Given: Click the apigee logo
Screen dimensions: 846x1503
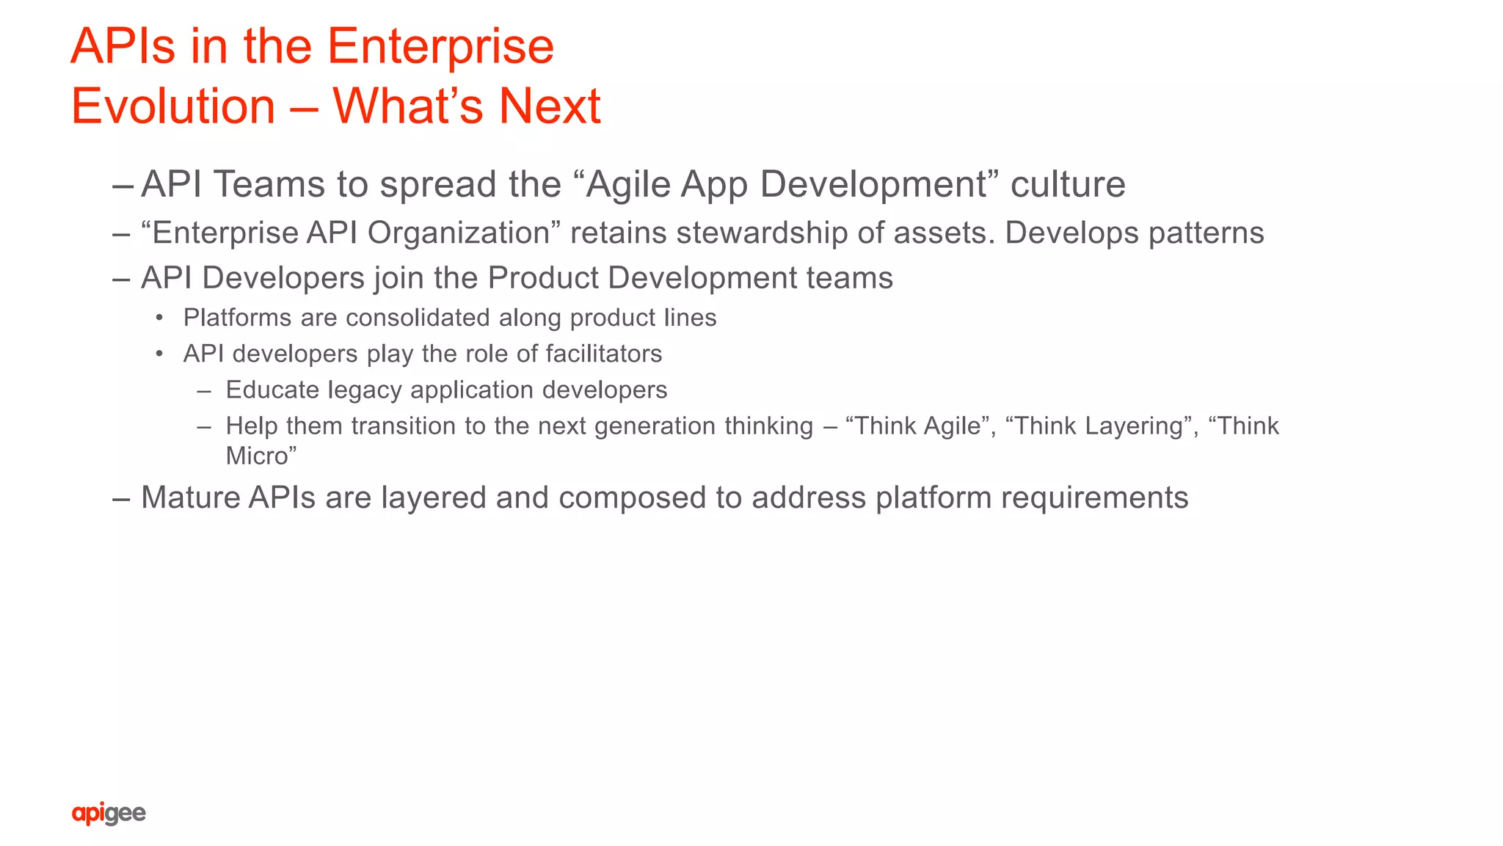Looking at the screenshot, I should (109, 813).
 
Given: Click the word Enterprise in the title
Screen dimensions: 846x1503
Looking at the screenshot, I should (440, 46).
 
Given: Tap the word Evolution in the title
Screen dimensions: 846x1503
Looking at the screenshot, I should (173, 106).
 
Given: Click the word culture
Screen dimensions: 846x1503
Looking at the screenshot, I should (1067, 183).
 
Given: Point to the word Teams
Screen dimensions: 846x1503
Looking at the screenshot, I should (269, 183).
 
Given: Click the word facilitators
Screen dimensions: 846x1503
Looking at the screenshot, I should (603, 354).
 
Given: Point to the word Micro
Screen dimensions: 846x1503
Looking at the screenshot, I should (257, 456).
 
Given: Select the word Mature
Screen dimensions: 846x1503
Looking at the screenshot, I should (191, 497).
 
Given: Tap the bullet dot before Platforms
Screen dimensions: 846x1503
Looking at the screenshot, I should (159, 318).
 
